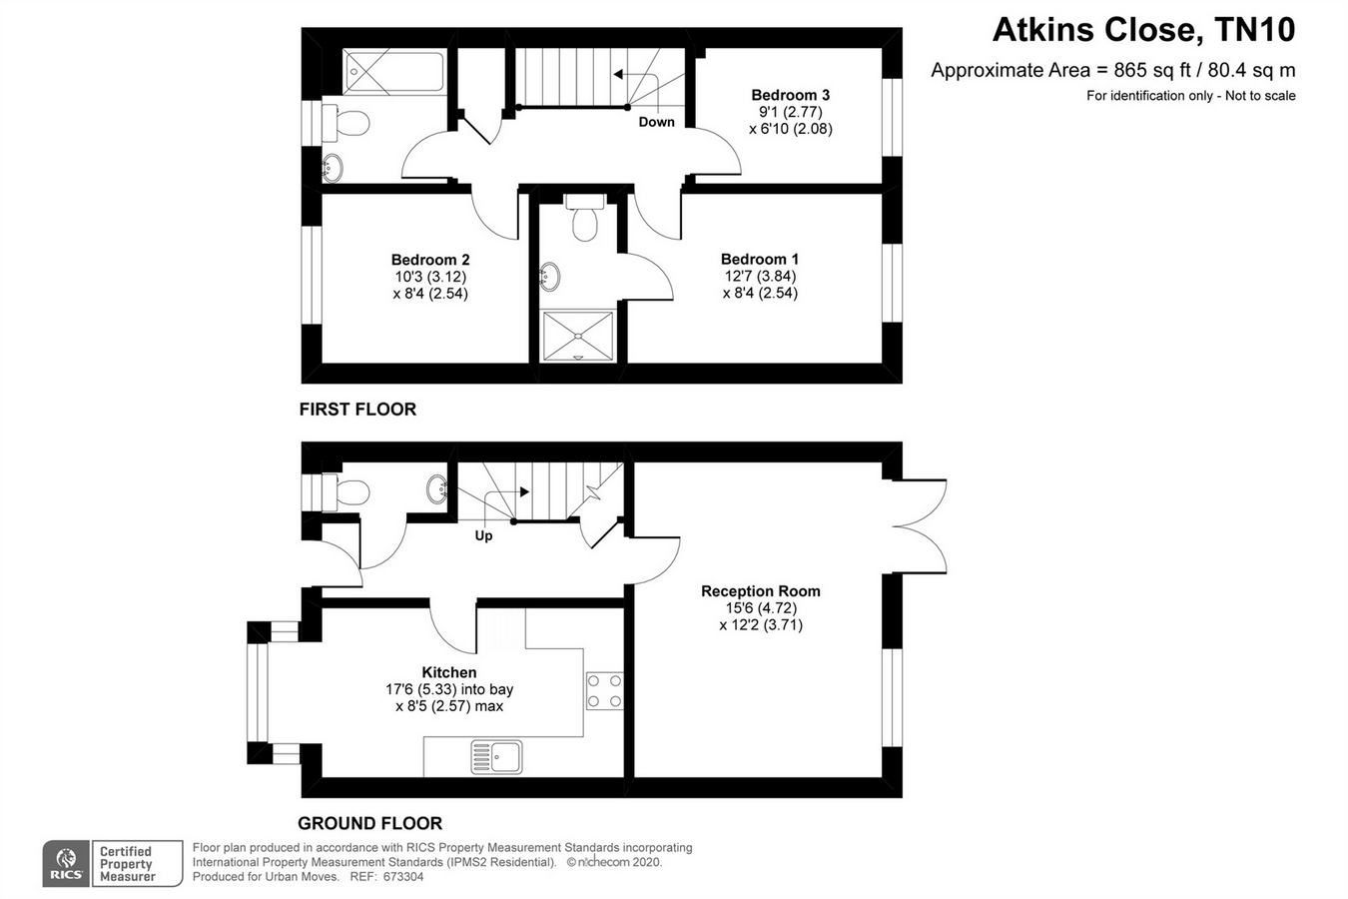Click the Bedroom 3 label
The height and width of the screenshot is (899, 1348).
790,95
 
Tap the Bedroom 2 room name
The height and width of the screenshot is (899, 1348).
430,260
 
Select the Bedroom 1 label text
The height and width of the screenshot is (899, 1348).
760,259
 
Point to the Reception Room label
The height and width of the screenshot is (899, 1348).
761,590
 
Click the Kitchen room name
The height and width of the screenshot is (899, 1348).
449,672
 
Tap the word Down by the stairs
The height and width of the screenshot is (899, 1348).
657,122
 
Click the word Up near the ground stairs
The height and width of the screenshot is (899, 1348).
484,535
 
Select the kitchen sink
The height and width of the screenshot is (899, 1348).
496,757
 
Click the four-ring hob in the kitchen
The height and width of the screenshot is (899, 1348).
605,690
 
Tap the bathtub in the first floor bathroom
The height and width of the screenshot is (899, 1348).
394,72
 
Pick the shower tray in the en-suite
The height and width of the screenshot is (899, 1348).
578,336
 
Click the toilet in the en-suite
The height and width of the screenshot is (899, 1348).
584,216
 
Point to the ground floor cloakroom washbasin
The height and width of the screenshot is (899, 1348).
437,488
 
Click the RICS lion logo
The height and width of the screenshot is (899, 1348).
66,863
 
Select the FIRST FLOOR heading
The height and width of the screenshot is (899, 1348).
357,410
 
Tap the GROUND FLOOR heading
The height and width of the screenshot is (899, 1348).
370,823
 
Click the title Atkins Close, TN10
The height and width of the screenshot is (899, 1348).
1143,30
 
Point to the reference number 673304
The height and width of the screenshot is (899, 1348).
403,877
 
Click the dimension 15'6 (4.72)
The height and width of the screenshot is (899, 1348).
761,607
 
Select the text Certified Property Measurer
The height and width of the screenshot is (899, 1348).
127,864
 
